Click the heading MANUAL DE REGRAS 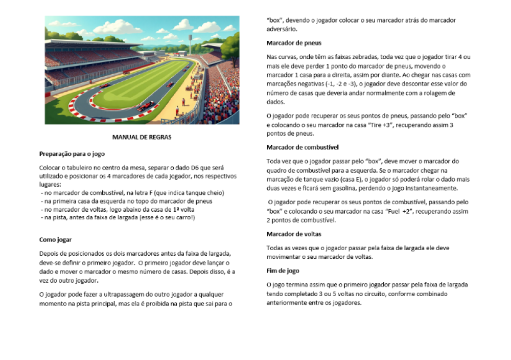142,137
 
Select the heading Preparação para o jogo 72,153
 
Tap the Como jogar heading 56,239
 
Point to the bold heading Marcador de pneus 294,43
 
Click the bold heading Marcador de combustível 303,147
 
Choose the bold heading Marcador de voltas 294,234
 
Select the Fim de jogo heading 283,271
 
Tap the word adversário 282,29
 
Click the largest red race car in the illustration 146,106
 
